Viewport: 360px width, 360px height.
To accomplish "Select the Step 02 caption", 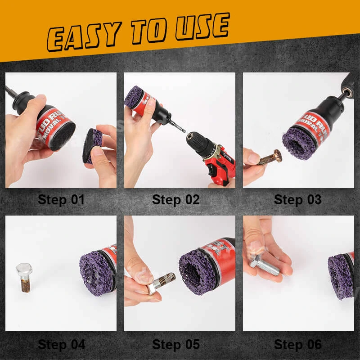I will tap(175, 200).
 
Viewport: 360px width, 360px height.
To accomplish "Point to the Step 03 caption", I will tap(297, 200).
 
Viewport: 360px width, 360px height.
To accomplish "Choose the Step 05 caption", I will tap(175, 345).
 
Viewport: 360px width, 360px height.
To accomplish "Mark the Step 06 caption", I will tap(297, 345).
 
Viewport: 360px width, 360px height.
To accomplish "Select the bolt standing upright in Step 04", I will tap(24, 277).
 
